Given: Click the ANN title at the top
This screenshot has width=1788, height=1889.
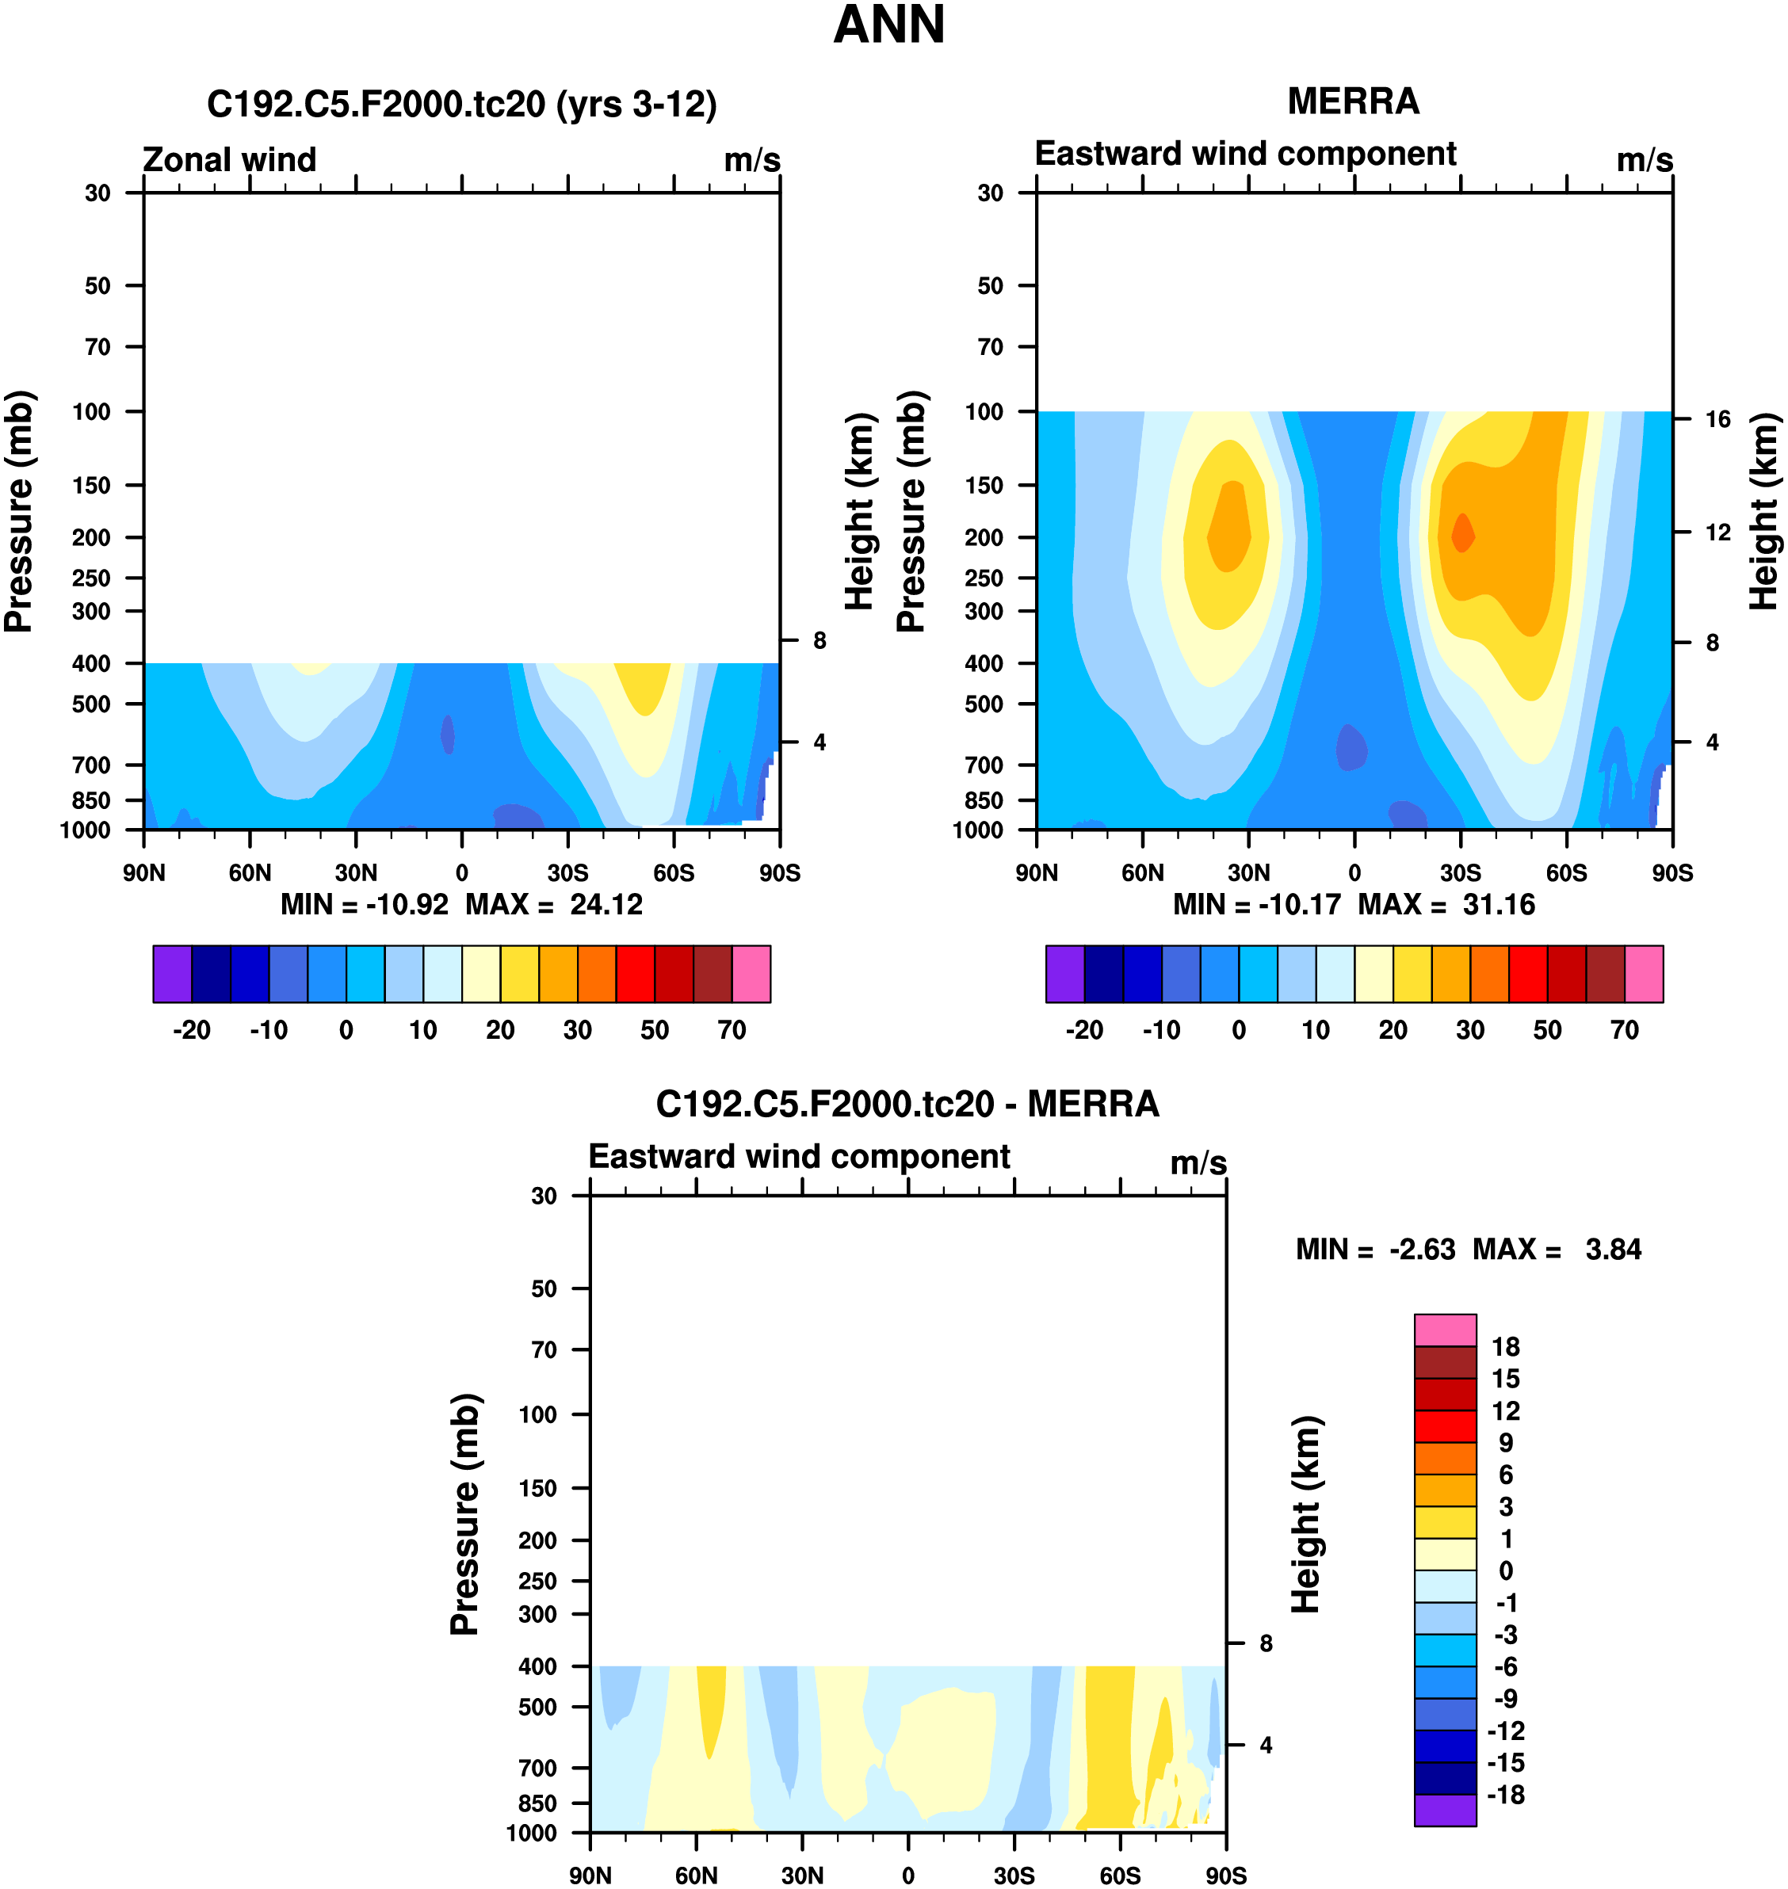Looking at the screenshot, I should pos(888,25).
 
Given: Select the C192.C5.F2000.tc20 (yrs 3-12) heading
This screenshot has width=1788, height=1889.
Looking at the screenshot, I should pos(461,104).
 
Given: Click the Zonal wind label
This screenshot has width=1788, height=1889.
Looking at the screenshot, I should pos(229,159).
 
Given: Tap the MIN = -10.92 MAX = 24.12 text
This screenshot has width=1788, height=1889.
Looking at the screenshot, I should pos(461,904).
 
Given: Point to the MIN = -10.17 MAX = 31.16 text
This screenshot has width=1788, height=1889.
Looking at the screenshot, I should pos(1354,904).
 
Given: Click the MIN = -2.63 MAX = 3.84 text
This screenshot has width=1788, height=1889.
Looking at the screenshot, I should pos(1468,1250).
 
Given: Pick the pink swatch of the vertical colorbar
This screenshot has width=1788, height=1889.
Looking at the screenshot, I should pos(1445,1330).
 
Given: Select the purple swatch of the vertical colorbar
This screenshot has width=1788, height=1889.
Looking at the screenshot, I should pos(1445,1810).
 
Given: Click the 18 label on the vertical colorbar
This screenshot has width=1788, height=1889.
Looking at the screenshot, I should pos(1506,1347).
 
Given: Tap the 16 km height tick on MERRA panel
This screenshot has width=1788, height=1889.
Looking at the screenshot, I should pos(1717,419).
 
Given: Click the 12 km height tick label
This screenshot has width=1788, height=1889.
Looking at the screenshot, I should pos(1717,532).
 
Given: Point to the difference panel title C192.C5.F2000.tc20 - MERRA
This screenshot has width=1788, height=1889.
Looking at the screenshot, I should pos(907,1105).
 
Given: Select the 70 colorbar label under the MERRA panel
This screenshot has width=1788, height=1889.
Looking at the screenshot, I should pos(1624,1030).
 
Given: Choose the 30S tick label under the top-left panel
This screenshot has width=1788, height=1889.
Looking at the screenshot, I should pos(568,873).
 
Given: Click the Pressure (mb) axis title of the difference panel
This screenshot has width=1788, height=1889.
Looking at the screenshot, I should pos(465,1514).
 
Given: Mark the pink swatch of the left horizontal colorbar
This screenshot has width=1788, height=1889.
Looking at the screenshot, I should pos(751,974).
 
